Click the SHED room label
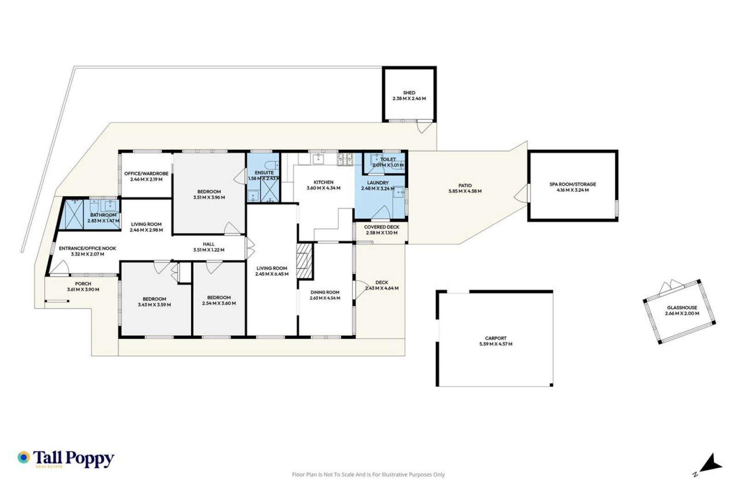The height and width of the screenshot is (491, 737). click(x=409, y=93)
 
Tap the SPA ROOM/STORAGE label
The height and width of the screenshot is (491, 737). click(x=573, y=184)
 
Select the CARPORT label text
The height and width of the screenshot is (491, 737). click(x=496, y=338)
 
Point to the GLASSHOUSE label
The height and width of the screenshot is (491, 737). click(x=682, y=308)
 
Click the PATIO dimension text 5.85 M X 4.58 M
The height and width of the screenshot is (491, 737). click(x=465, y=191)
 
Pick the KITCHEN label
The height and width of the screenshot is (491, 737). click(x=323, y=182)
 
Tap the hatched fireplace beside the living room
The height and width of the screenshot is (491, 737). click(x=304, y=262)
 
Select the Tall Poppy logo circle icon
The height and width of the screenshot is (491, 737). click(x=23, y=457)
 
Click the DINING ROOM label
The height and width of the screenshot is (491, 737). click(x=325, y=292)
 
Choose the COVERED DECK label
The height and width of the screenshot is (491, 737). click(x=382, y=227)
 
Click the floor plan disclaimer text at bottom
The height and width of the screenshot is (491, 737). click(x=368, y=474)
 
